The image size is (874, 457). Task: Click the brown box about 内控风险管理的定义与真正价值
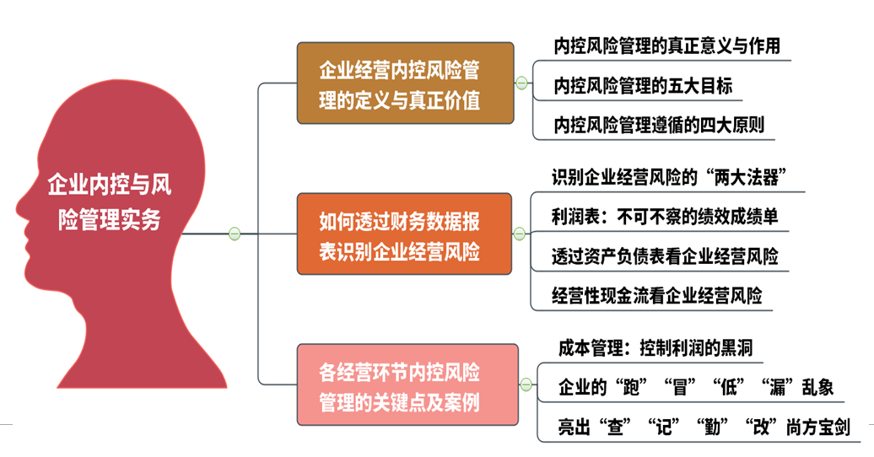(405, 83)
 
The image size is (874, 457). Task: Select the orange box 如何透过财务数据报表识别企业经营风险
(404, 234)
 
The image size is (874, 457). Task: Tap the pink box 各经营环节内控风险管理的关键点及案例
(407, 385)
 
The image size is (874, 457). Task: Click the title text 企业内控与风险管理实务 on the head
(110, 202)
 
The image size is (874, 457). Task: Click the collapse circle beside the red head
(235, 234)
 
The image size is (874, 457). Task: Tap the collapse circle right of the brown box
(521, 83)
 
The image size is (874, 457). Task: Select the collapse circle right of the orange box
(520, 234)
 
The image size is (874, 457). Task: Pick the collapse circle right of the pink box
(526, 384)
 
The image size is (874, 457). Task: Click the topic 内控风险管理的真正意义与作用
(666, 46)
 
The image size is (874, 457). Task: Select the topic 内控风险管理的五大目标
(643, 86)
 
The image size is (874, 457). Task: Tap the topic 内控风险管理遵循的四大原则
(659, 125)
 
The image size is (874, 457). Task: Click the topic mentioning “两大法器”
(670, 178)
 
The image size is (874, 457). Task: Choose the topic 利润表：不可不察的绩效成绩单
(665, 217)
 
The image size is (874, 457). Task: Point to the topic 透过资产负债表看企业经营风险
(665, 256)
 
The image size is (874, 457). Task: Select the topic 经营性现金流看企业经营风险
(656, 295)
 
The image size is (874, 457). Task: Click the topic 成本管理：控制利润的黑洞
(655, 348)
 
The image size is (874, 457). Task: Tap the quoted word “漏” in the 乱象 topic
(777, 387)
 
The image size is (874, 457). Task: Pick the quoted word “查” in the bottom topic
(615, 427)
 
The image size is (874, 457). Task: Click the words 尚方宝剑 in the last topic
(818, 427)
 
